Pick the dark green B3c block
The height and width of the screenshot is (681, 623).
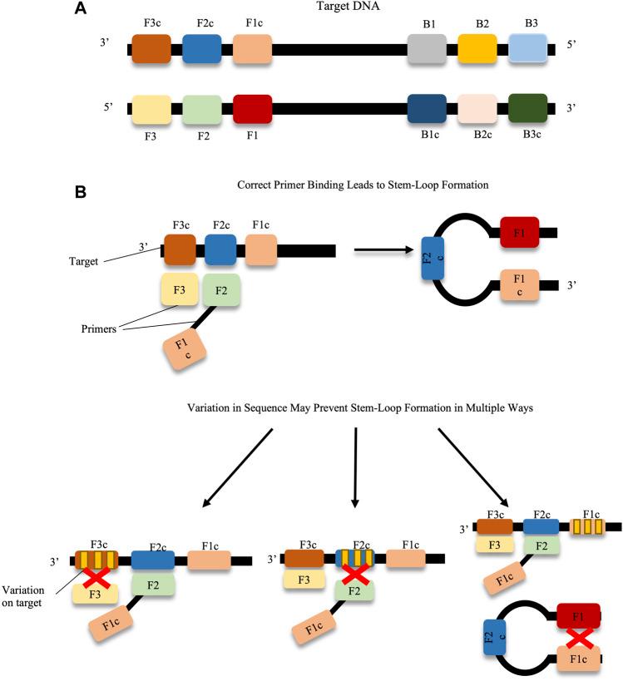[x=528, y=109]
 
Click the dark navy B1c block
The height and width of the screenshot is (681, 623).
[x=429, y=109]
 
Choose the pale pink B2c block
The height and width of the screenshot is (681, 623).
[x=478, y=109]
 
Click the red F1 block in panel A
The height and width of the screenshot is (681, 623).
[x=252, y=109]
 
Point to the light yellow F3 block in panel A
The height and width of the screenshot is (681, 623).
[x=151, y=109]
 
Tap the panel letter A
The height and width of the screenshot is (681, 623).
[x=81, y=9]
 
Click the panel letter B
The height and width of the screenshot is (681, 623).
[x=81, y=192]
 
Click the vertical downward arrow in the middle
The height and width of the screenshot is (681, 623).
[x=356, y=465]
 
